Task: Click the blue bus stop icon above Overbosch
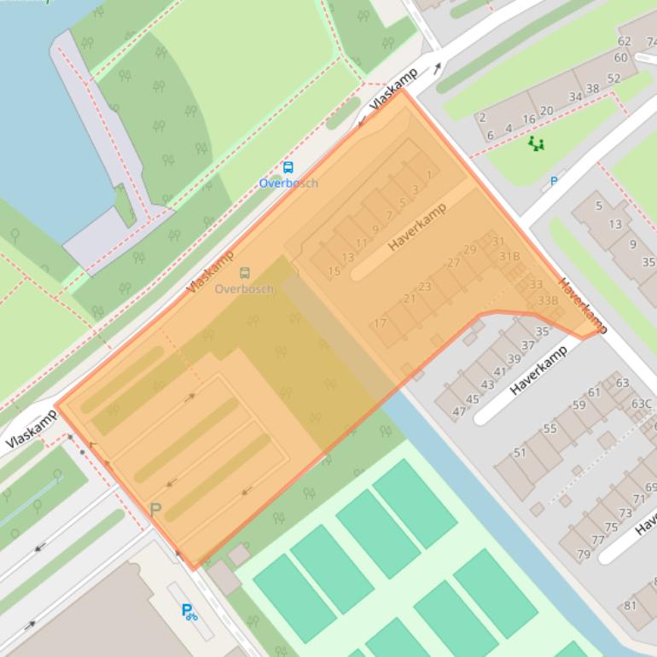click(288, 168)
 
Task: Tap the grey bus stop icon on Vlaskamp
click(245, 273)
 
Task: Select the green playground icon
click(536, 143)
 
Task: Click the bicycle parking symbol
click(189, 611)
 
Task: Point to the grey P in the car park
click(155, 509)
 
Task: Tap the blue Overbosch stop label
click(288, 183)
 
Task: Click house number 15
click(334, 272)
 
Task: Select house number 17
click(380, 323)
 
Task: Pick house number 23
click(424, 287)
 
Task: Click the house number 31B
click(509, 256)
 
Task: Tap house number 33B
click(548, 300)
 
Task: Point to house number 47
click(459, 412)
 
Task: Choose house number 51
click(520, 452)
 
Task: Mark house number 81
click(630, 606)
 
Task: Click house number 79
click(584, 555)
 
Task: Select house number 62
click(625, 41)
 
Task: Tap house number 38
click(592, 89)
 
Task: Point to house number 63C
click(641, 404)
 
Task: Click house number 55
click(549, 428)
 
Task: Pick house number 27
click(453, 263)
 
